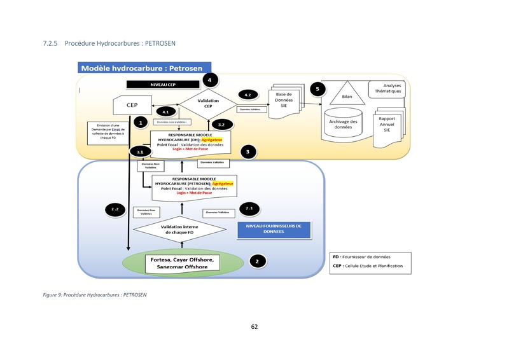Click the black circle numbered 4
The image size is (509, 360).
209,80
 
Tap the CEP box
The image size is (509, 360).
132,105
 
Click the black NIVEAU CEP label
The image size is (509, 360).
163,84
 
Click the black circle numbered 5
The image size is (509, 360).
317,89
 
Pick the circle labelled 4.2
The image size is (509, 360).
248,95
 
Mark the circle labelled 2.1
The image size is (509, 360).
249,209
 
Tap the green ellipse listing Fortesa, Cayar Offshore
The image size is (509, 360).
183,263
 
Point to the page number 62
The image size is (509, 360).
254,326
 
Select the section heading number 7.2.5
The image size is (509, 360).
50,43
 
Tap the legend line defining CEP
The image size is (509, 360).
368,265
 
